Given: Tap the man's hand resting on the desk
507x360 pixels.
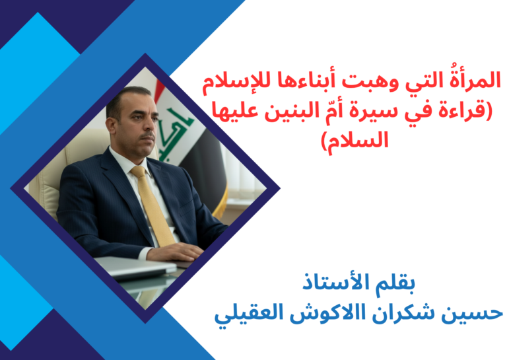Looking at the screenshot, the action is pos(176,251).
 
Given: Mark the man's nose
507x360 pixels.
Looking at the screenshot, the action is pos(151,126).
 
